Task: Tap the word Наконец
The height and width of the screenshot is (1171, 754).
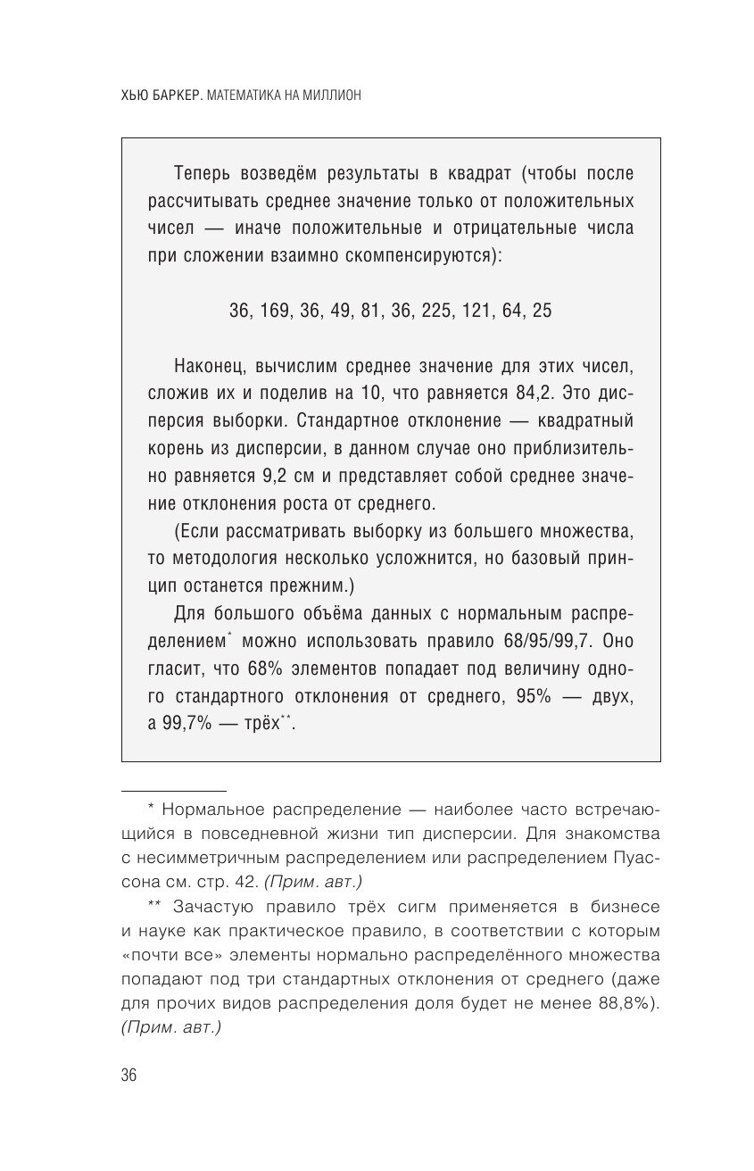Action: pos(209,366)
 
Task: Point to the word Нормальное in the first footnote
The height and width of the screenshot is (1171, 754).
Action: pos(208,810)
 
